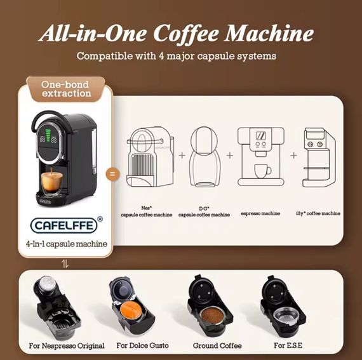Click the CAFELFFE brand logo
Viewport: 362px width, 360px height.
(66, 225)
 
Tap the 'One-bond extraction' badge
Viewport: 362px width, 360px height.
(66, 89)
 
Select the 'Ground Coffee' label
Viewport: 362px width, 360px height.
(217, 346)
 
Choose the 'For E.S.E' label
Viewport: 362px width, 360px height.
(288, 346)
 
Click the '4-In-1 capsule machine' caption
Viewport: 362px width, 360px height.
(66, 244)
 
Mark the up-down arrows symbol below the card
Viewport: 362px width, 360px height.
(64, 262)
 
